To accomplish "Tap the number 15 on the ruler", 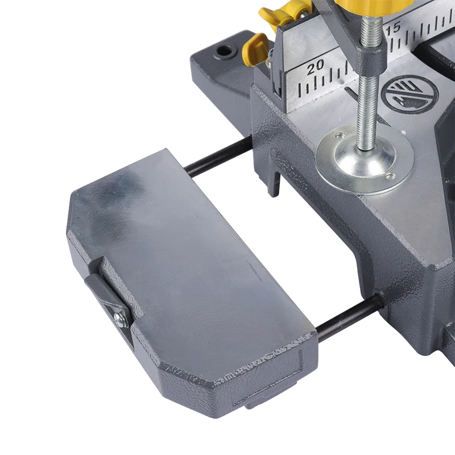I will [394, 27].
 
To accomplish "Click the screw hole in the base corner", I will [226, 52].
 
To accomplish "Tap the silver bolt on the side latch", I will [119, 318].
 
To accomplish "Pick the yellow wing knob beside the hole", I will [254, 48].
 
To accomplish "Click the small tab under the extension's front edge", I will [267, 401].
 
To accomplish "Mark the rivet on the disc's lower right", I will [390, 176].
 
